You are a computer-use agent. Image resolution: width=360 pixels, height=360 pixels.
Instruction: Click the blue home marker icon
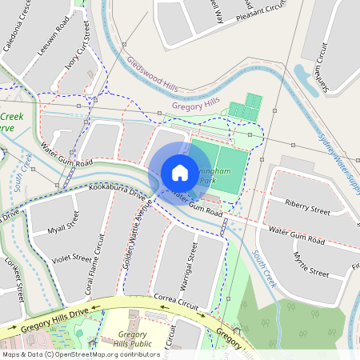tap(179, 173)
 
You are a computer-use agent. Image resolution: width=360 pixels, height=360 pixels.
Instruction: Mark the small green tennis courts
tap(246, 108)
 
